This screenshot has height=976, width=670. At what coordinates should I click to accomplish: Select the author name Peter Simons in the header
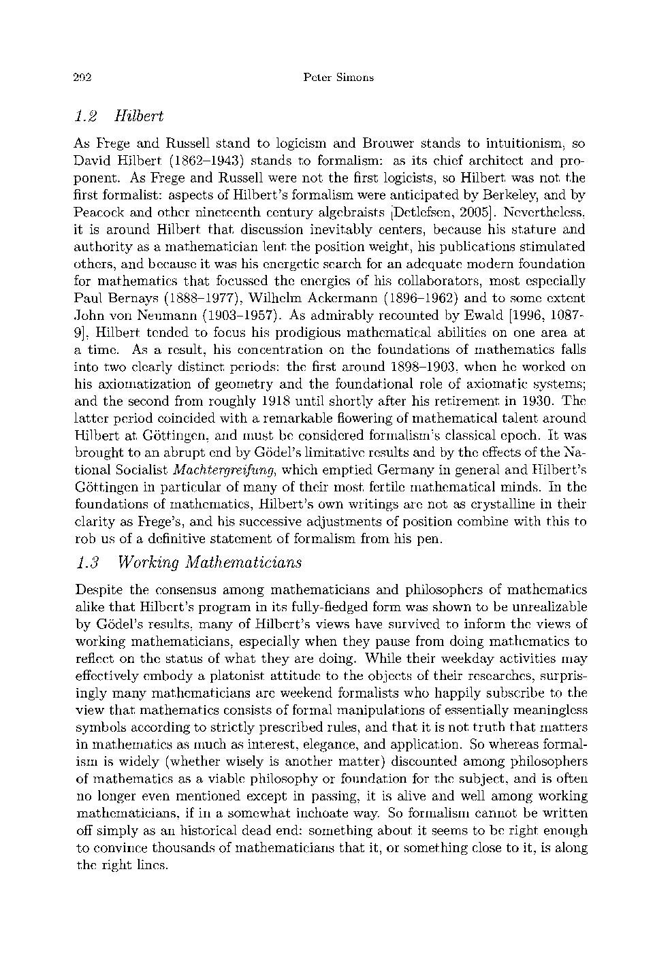click(x=338, y=78)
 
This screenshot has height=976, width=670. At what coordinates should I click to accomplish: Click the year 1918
click(x=281, y=401)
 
